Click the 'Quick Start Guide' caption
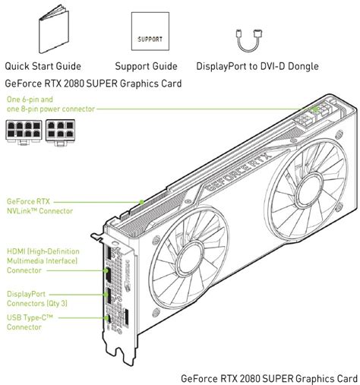(x=43, y=66)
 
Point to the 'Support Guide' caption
(x=146, y=66)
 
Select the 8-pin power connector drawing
(x=24, y=130)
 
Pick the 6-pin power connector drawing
(x=60, y=130)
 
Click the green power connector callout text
(x=50, y=104)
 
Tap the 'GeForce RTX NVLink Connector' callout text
(x=39, y=206)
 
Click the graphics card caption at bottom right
(x=269, y=377)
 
